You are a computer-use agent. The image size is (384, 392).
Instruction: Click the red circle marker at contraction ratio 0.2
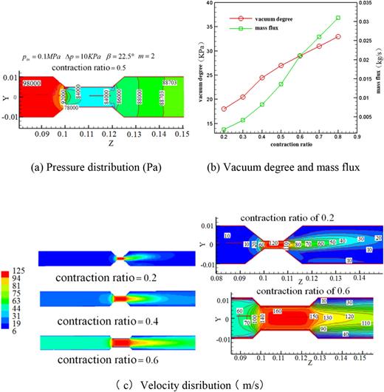point(224,109)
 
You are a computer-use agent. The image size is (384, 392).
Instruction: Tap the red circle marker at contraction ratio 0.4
point(262,78)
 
